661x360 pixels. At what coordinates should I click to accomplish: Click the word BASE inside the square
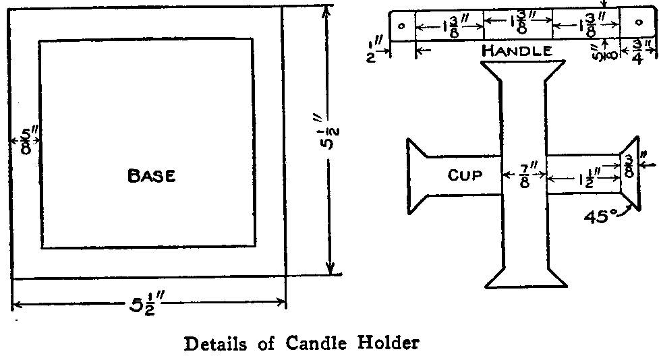152,177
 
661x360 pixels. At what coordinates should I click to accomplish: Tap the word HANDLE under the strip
517,51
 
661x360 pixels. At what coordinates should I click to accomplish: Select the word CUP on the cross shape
465,175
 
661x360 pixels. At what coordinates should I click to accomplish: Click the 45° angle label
602,218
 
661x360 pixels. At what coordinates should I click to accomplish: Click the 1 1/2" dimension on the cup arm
583,179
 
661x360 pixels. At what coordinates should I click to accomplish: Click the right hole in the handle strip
637,22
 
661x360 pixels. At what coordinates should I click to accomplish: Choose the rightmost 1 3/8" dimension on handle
586,25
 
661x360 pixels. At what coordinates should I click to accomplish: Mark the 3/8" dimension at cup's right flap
629,164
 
